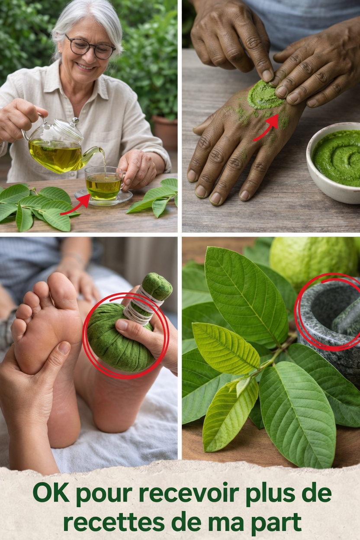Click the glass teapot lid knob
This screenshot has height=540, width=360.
[x=75, y=121]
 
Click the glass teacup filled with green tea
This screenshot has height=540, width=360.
[x=103, y=183]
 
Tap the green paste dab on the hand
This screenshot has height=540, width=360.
[x=264, y=95]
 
